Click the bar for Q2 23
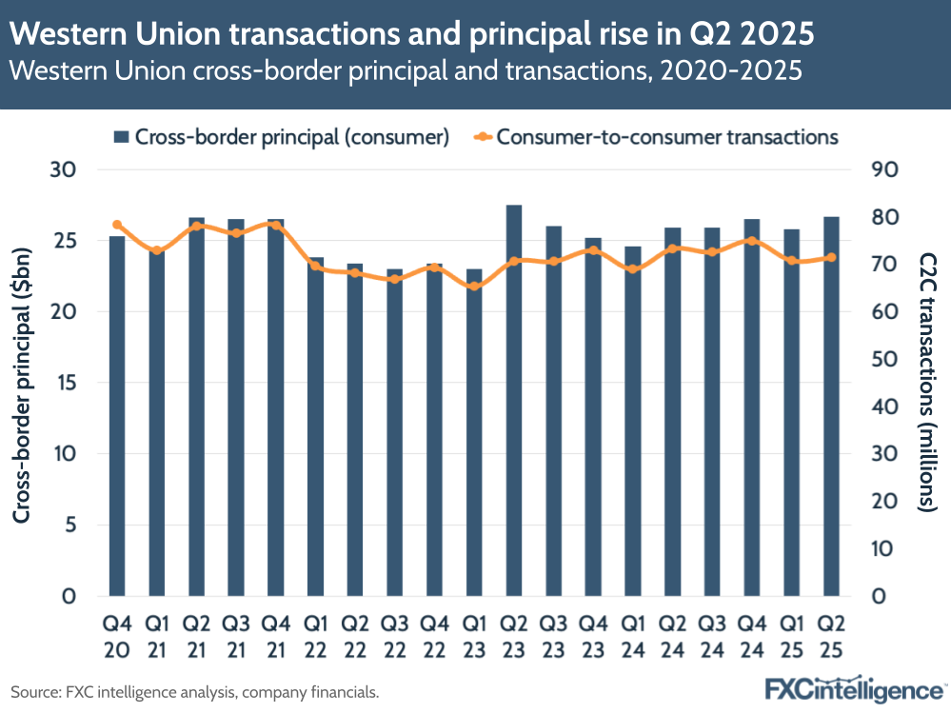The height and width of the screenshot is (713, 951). point(513,401)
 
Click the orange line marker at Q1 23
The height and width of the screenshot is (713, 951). point(473,286)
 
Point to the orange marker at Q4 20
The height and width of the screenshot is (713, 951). point(117,225)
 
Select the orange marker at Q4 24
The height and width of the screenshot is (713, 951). point(751,241)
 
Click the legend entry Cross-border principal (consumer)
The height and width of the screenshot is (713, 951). point(281,136)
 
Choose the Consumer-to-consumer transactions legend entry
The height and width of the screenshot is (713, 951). point(657,136)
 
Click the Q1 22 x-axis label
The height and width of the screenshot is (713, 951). point(315,636)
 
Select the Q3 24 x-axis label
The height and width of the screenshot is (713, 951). point(711,636)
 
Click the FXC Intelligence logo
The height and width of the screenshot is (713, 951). point(853,689)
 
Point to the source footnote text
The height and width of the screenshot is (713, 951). point(195,692)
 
